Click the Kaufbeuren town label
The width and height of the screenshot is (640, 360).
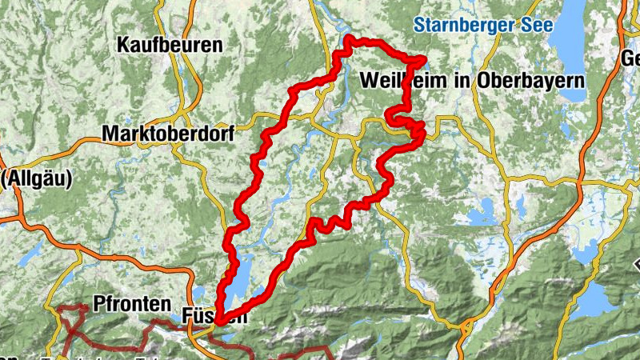pos(170,45)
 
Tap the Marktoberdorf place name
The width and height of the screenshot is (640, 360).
pos(168,134)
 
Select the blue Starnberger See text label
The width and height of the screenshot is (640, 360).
pos(483,26)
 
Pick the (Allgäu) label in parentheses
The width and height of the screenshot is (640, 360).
pos(36,178)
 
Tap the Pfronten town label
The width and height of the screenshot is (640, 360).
pos(132,304)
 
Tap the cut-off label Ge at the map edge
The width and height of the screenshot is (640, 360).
pos(630,58)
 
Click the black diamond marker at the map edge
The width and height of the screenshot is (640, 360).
pos(637,265)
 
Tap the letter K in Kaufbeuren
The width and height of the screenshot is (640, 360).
pos(123,45)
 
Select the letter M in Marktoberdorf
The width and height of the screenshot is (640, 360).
pos(110,134)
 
